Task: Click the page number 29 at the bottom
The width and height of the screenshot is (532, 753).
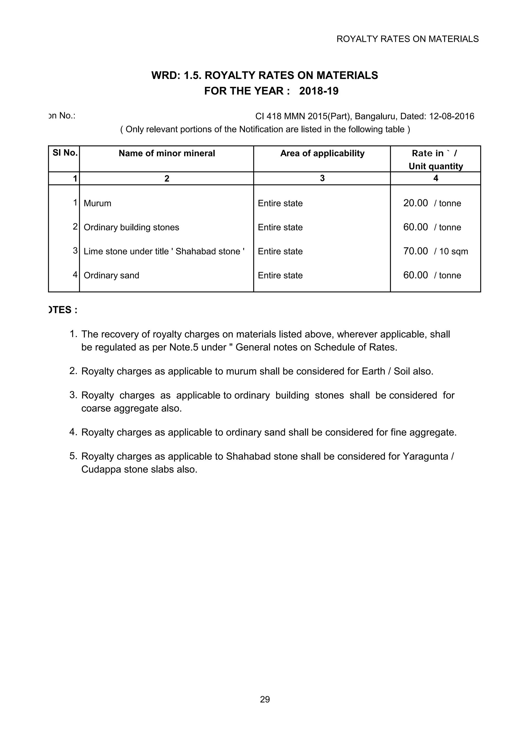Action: tap(265, 699)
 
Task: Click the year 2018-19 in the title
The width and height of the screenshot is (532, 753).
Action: tap(319, 91)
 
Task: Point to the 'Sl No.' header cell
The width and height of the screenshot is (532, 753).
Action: tap(65, 153)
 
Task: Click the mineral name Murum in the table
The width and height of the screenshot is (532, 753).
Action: tap(97, 203)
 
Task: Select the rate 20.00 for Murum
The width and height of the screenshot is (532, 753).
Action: tap(415, 203)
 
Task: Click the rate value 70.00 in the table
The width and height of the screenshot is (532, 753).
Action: tap(415, 251)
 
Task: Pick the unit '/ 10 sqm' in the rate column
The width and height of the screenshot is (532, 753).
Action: tap(451, 252)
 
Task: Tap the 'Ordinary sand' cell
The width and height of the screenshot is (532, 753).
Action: tap(111, 275)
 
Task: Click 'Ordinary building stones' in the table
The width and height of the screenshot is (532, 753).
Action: tap(131, 227)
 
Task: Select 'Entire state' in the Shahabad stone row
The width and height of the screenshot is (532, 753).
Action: tap(280, 252)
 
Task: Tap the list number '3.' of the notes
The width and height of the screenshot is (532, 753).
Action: tap(73, 395)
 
